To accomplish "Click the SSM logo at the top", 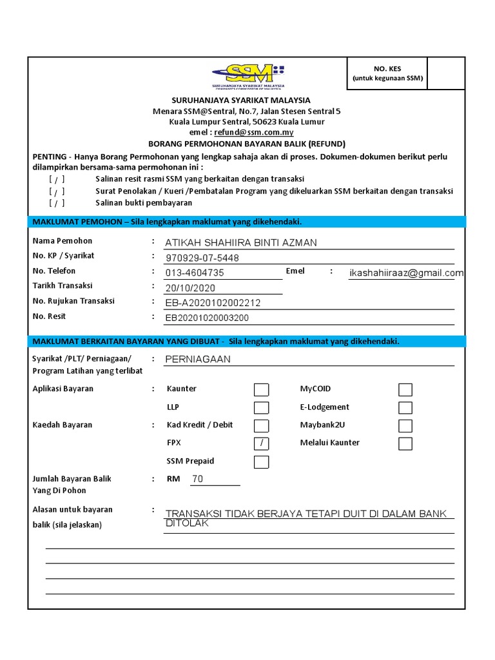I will (249, 75).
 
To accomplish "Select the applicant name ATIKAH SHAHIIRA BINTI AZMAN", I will (241, 243).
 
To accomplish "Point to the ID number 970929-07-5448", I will (202, 258).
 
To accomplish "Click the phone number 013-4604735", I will (195, 273).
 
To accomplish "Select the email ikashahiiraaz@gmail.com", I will (406, 273).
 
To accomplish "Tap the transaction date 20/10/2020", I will (190, 288).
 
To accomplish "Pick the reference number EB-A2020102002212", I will (213, 303).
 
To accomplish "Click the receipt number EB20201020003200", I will (207, 318).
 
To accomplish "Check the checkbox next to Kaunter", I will (261, 389).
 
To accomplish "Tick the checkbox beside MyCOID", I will (405, 389).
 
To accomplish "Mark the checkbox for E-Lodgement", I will (405, 407).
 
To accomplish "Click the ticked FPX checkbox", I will (261, 443).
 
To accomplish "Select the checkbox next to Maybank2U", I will (405, 425).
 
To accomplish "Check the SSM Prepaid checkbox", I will (261, 461).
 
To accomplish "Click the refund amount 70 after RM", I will (197, 479).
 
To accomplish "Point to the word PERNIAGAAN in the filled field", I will (198, 360).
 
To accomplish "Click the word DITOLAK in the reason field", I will (188, 523).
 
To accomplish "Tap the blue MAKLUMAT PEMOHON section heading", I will (167, 222).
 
